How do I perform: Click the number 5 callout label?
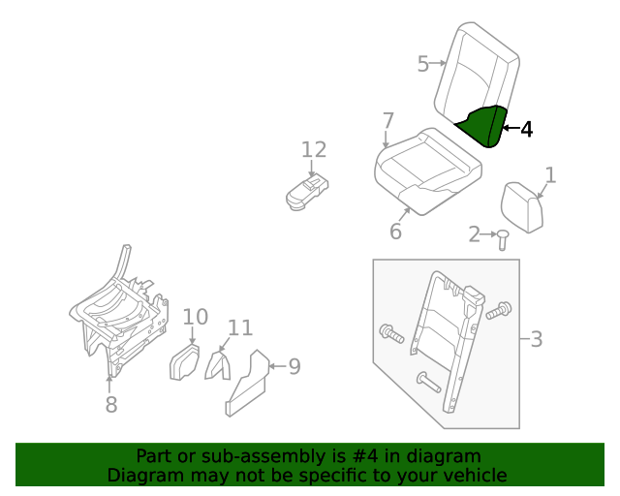click(422, 64)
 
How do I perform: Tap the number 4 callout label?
click(526, 129)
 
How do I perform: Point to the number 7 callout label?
click(387, 121)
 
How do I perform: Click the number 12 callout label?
click(313, 150)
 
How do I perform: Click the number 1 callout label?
click(550, 175)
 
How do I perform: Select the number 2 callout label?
click(475, 233)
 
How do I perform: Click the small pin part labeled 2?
click(503, 238)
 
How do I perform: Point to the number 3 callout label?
click(536, 340)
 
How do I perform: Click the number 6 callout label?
click(395, 232)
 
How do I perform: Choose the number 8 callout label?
click(110, 405)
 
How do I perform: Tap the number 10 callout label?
click(195, 317)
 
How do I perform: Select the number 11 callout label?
click(239, 327)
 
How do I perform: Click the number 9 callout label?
click(294, 366)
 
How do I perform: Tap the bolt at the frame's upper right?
click(499, 311)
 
